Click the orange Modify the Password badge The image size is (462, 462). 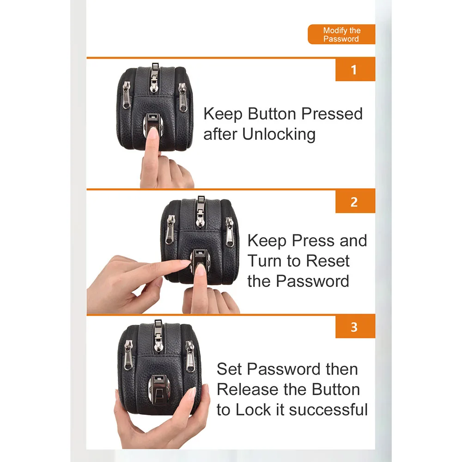[x=341, y=34]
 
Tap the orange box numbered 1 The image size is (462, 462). [x=355, y=70]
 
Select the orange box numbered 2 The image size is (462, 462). [x=355, y=201]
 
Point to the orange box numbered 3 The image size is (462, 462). [x=355, y=327]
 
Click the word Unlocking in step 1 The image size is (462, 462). [x=279, y=134]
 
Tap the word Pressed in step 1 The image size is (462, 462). [x=332, y=114]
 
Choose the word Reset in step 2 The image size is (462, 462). [x=328, y=261]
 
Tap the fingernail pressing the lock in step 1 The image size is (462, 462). [x=152, y=133]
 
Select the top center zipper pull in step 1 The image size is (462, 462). [x=154, y=78]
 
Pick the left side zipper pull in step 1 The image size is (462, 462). [x=127, y=95]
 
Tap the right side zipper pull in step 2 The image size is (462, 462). [x=230, y=232]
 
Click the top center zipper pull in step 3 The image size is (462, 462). [x=158, y=335]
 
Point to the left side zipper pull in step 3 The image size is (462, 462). [x=128, y=355]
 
